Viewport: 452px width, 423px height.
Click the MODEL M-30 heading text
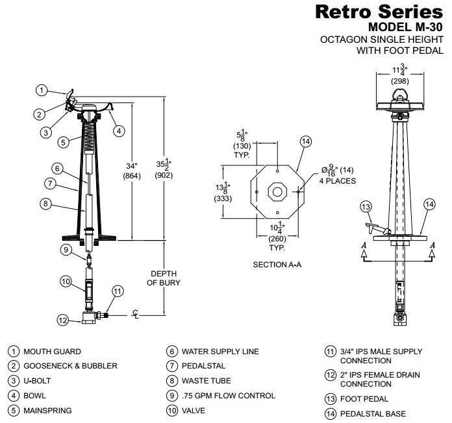pyautogui.click(x=405, y=27)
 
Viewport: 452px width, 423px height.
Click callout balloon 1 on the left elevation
pyautogui.click(x=41, y=90)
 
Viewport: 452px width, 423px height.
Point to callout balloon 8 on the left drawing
pyautogui.click(x=44, y=204)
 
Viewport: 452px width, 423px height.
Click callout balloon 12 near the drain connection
pyautogui.click(x=62, y=319)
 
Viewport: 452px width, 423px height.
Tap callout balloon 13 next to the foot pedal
pyautogui.click(x=366, y=206)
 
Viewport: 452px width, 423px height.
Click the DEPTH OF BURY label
pyautogui.click(x=163, y=278)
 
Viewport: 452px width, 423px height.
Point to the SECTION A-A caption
pyautogui.click(x=277, y=265)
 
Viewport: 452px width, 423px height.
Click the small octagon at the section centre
pyautogui.click(x=277, y=192)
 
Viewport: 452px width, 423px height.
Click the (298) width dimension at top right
pyautogui.click(x=399, y=81)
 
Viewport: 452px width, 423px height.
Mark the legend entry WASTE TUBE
pyautogui.click(x=206, y=381)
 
